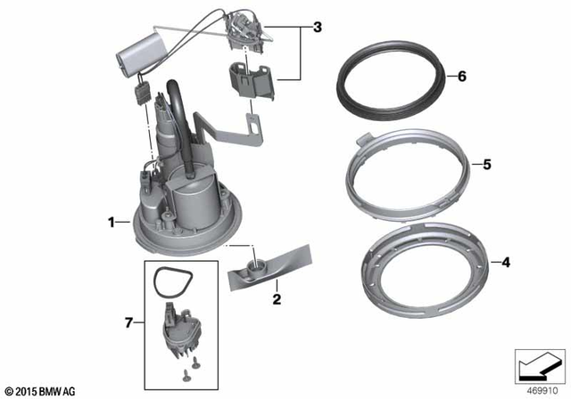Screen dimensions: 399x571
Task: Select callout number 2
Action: (277, 299)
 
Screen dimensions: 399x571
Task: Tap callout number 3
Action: (317, 28)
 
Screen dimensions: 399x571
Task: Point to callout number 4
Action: (505, 263)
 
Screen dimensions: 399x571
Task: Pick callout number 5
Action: (486, 164)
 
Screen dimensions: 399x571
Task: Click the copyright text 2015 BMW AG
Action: (40, 390)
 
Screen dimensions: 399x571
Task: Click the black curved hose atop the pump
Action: (178, 98)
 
